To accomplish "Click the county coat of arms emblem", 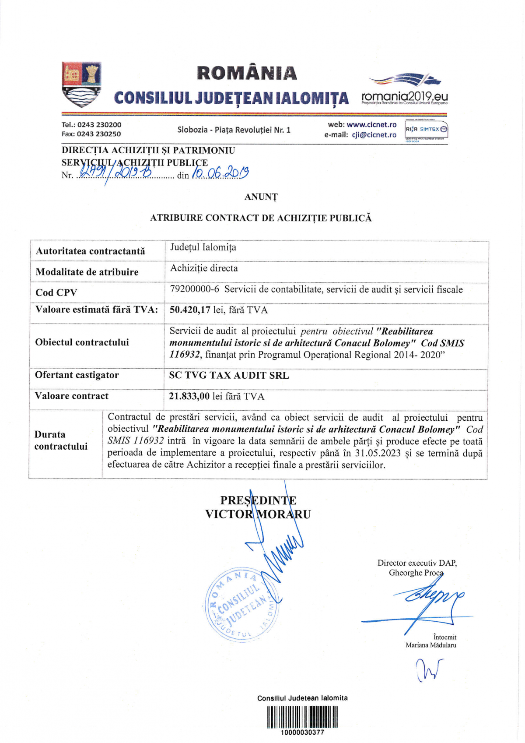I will (x=82, y=85).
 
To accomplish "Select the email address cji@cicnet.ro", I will (x=374, y=135).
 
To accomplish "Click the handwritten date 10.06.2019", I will (x=220, y=174).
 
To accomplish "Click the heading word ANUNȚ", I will (x=261, y=197).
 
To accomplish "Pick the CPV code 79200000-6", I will (x=194, y=289).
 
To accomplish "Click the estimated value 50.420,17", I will (x=190, y=310).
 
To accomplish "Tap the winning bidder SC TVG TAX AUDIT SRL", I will (x=229, y=375).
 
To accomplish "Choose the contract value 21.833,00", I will (x=189, y=396).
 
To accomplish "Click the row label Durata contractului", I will (x=61, y=440).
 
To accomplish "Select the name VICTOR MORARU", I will (x=258, y=514).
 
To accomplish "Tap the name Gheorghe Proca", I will (x=416, y=573).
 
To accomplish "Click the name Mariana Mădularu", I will (x=430, y=645).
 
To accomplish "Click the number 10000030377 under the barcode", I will (x=302, y=732).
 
